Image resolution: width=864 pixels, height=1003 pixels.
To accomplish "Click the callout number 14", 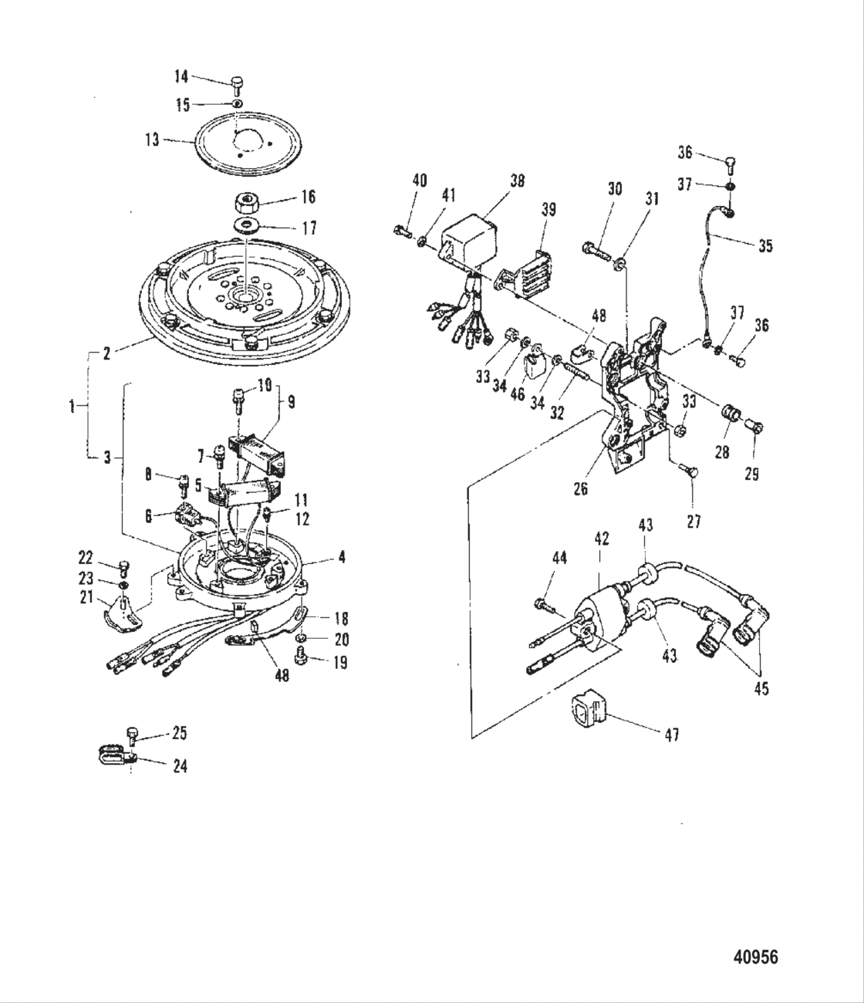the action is tap(181, 76).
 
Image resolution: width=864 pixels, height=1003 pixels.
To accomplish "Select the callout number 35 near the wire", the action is tap(764, 246).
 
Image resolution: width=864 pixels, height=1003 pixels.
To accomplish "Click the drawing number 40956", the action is tap(754, 957).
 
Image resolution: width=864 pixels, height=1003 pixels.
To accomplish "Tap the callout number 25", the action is tap(179, 733).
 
